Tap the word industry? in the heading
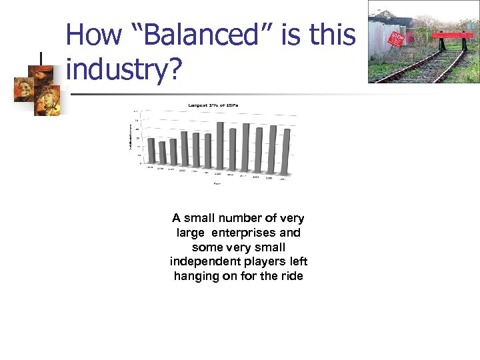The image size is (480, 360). (124, 69)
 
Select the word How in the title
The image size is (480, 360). (93, 35)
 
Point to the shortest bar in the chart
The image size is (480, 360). (162, 152)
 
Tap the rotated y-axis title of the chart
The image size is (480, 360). (131, 136)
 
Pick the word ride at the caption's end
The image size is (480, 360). (291, 276)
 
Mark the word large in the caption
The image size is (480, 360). (191, 233)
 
